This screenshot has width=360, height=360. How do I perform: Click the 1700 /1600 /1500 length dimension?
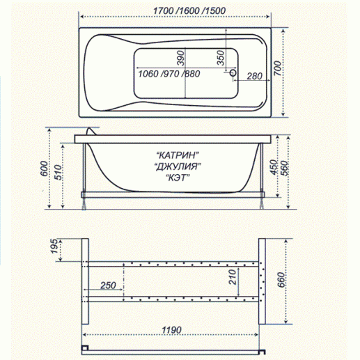point(180,9)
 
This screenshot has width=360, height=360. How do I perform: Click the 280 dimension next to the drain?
point(254,76)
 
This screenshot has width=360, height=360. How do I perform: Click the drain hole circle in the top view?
point(234,71)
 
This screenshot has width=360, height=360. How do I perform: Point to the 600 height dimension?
point(43,169)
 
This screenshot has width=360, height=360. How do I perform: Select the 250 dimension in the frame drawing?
point(107,285)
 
